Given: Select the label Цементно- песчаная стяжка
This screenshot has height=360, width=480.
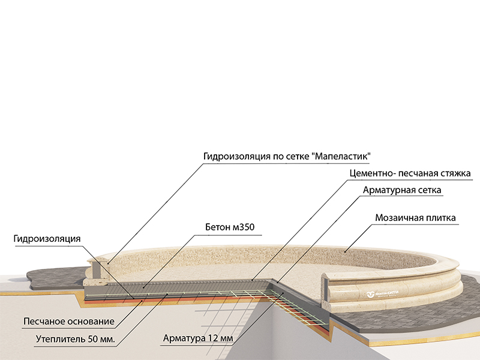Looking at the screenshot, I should click(409, 174).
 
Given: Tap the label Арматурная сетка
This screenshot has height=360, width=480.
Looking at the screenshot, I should click(402, 190).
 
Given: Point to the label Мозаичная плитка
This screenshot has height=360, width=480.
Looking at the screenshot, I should click(416, 217).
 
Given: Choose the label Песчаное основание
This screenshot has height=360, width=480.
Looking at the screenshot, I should click(69, 321).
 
